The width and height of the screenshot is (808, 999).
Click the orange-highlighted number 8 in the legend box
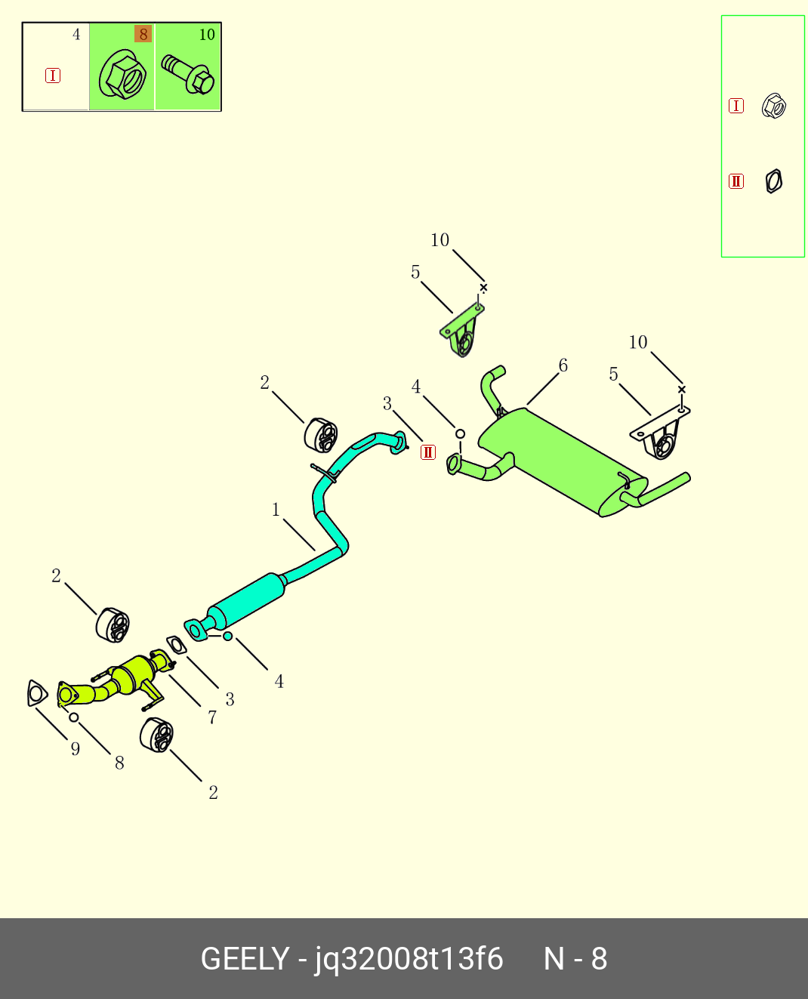pyautogui.click(x=143, y=35)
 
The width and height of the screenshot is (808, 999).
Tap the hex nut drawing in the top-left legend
pyautogui.click(x=122, y=75)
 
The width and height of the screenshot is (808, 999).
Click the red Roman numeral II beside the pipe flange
pyautogui.click(x=428, y=452)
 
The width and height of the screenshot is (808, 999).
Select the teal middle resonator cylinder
pyautogui.click(x=246, y=600)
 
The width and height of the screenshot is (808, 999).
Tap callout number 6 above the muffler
pyautogui.click(x=563, y=365)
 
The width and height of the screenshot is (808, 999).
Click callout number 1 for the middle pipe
pyautogui.click(x=276, y=510)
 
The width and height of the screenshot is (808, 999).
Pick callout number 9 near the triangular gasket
pyautogui.click(x=75, y=748)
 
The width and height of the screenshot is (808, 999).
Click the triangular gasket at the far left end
pyautogui.click(x=36, y=693)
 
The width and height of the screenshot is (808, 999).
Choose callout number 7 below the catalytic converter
pyautogui.click(x=212, y=717)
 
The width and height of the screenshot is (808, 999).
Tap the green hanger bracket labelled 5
pyautogui.click(x=462, y=330)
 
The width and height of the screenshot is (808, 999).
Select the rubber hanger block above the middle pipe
pyautogui.click(x=322, y=434)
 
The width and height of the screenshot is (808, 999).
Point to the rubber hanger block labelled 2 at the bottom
pyautogui.click(x=157, y=735)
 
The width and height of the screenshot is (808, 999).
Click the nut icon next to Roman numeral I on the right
pyautogui.click(x=774, y=106)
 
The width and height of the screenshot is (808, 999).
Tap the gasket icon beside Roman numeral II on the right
pyautogui.click(x=773, y=181)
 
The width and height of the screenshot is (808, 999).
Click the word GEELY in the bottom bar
pyautogui.click(x=245, y=959)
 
